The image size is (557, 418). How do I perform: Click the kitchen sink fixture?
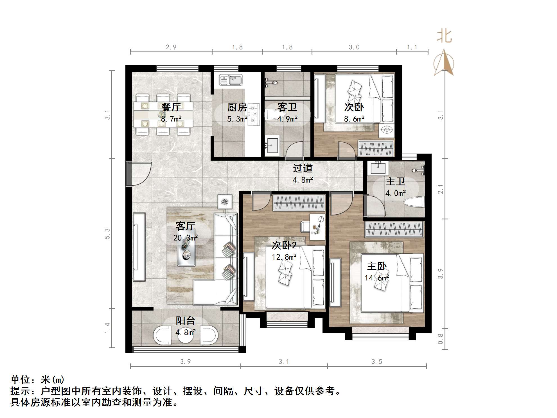231,80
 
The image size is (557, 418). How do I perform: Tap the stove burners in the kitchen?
255,114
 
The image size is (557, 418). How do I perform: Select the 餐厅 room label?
171,107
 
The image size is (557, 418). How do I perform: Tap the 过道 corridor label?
303,168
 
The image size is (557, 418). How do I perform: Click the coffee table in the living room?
186,248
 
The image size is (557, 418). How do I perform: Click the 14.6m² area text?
377,278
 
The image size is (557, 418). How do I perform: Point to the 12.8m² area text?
284,257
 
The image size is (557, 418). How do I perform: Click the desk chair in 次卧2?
305,226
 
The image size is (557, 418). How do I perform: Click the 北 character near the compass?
444,36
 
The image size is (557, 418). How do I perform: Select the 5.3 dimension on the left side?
107,233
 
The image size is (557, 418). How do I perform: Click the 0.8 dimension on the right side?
440,339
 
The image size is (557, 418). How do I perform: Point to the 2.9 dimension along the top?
171,47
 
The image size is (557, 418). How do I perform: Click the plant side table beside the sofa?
225,201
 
